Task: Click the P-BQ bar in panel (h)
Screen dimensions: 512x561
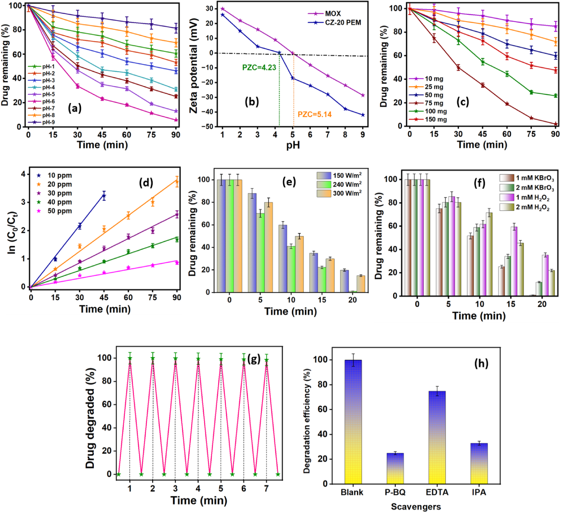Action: point(395,469)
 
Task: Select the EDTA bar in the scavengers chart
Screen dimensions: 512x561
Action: point(437,438)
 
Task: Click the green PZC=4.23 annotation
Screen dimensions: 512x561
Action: point(259,68)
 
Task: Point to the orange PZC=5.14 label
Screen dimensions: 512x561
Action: point(314,114)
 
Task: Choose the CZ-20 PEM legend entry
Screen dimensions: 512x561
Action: point(343,22)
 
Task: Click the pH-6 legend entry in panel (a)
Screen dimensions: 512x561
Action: point(48,101)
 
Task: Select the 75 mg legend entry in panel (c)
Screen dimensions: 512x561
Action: point(434,103)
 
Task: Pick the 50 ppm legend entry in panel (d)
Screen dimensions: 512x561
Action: point(60,211)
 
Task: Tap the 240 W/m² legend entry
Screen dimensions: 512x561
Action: point(347,184)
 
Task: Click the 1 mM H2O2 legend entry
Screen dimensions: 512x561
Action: point(532,198)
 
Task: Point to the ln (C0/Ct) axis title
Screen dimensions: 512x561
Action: point(12,233)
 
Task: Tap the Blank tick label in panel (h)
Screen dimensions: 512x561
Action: point(352,492)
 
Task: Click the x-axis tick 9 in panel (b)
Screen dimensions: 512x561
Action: point(362,135)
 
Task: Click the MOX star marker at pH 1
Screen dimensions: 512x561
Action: point(222,9)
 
